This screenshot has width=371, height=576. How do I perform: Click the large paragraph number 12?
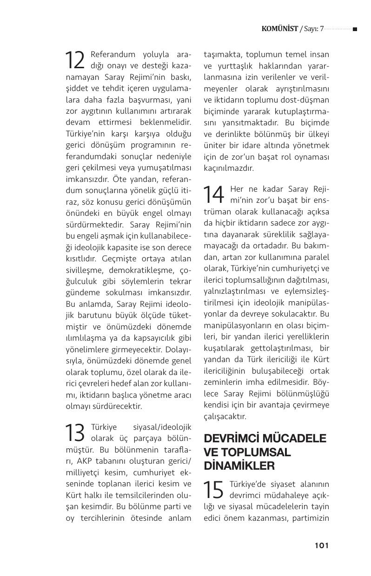pyautogui.click(x=75, y=60)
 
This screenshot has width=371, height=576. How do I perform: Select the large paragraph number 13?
pyautogui.click(x=75, y=433)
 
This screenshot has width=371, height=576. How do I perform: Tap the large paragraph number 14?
pyautogui.click(x=214, y=195)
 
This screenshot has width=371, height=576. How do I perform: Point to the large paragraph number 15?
pyautogui.click(x=213, y=489)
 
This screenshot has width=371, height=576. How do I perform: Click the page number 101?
pyautogui.click(x=322, y=545)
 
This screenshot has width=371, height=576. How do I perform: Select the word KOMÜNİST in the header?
pyautogui.click(x=280, y=29)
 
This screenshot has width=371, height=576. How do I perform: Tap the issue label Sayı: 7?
pyautogui.click(x=313, y=29)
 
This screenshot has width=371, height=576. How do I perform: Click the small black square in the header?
pyautogui.click(x=355, y=29)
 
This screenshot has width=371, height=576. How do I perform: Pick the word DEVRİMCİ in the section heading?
pyautogui.click(x=233, y=439)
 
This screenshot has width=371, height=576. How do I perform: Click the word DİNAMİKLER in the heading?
pyautogui.click(x=239, y=466)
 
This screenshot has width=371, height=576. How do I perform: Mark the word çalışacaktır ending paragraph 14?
pyautogui.click(x=225, y=416)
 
